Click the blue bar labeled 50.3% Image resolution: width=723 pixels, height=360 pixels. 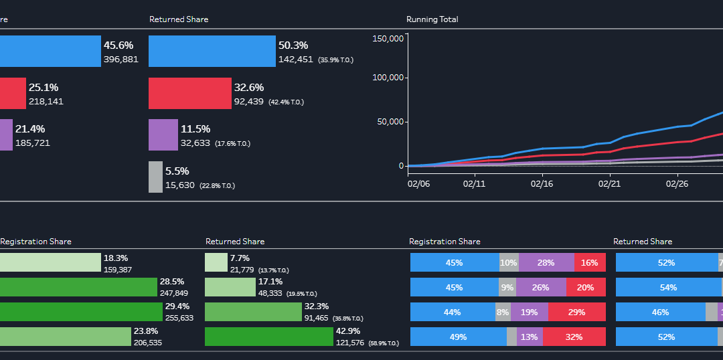coord(212,52)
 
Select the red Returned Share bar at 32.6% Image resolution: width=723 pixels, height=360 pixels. coord(189,93)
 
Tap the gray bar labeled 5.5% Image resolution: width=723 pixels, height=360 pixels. coord(155,177)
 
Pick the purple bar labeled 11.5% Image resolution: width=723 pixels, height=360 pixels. coord(163,134)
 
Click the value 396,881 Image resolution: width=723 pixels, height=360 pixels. coord(121,60)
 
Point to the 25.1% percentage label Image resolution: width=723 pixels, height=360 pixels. coord(43,87)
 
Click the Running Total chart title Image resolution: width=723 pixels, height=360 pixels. coord(432,19)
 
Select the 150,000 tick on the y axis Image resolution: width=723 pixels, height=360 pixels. coord(388,38)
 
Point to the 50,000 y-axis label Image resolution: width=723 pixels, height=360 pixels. coord(390,122)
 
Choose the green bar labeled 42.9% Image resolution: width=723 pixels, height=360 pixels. coord(268,337)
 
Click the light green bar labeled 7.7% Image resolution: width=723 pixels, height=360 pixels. coord(216,262)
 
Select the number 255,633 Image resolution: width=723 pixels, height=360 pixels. coord(178,318)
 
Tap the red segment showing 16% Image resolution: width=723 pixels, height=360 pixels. coord(590,263)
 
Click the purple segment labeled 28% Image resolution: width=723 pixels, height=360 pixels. coord(546,263)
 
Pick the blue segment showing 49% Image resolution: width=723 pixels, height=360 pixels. coord(458,337)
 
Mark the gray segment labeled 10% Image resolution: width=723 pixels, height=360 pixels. coord(509,263)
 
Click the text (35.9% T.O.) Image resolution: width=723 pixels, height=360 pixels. coord(335,60)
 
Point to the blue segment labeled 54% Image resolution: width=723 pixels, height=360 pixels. coord(668,287)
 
